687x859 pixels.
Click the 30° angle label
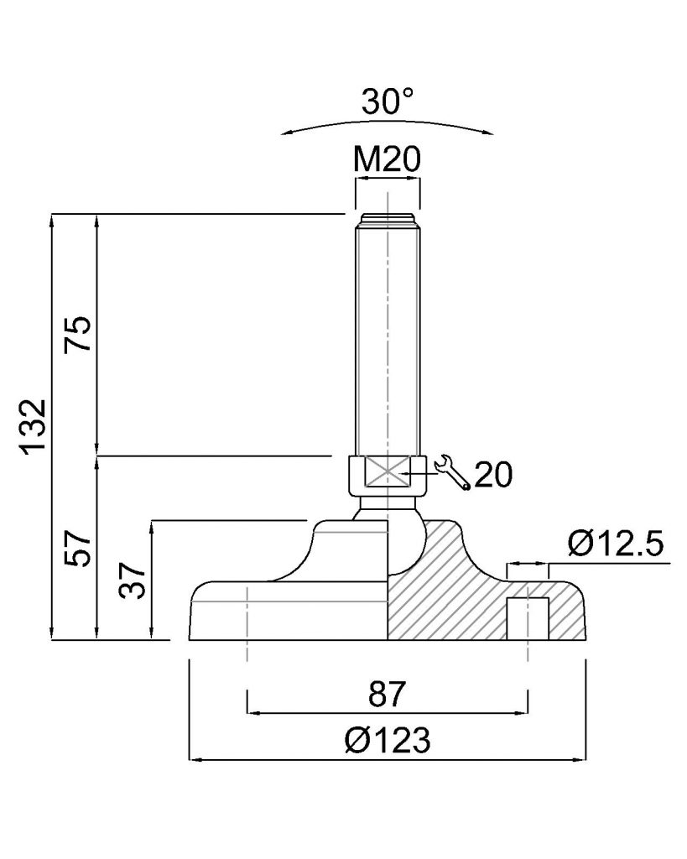(388, 101)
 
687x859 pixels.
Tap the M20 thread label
(388, 159)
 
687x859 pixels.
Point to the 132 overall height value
(33, 426)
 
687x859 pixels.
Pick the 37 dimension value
(133, 580)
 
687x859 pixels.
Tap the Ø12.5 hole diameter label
(616, 544)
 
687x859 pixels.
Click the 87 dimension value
(388, 694)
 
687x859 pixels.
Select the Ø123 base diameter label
(388, 740)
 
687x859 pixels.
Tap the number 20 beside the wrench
(493, 475)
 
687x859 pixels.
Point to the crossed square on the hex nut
(388, 471)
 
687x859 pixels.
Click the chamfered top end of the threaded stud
(388, 221)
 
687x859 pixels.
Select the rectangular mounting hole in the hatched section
(527, 618)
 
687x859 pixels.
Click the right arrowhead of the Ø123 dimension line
(579, 759)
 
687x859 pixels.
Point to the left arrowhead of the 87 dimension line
(255, 713)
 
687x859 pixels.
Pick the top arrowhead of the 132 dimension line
(53, 221)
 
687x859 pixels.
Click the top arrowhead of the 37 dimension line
(152, 529)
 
